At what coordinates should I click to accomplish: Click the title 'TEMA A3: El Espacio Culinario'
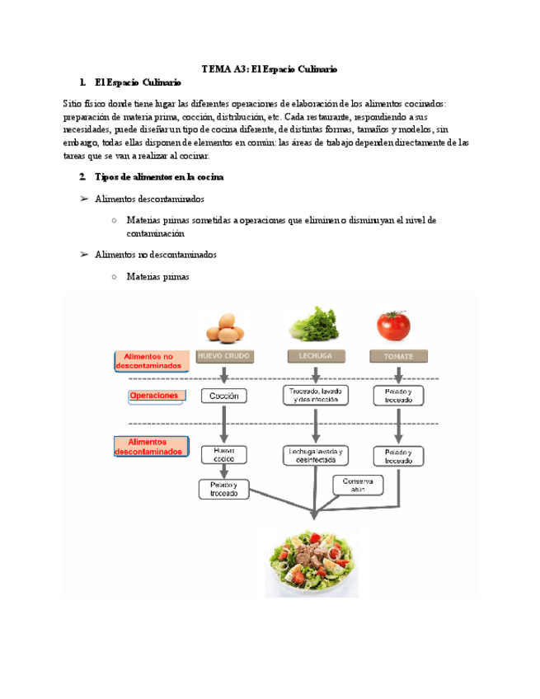pos(270,69)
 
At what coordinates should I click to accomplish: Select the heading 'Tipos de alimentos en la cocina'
pos(153,176)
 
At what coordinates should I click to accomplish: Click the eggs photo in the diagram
pos(223,327)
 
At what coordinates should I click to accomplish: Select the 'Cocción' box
pos(223,396)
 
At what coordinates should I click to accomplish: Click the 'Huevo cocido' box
pos(223,454)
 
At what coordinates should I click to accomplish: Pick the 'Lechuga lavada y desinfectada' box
pos(316,455)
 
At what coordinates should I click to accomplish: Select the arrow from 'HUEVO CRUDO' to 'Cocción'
pos(223,376)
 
